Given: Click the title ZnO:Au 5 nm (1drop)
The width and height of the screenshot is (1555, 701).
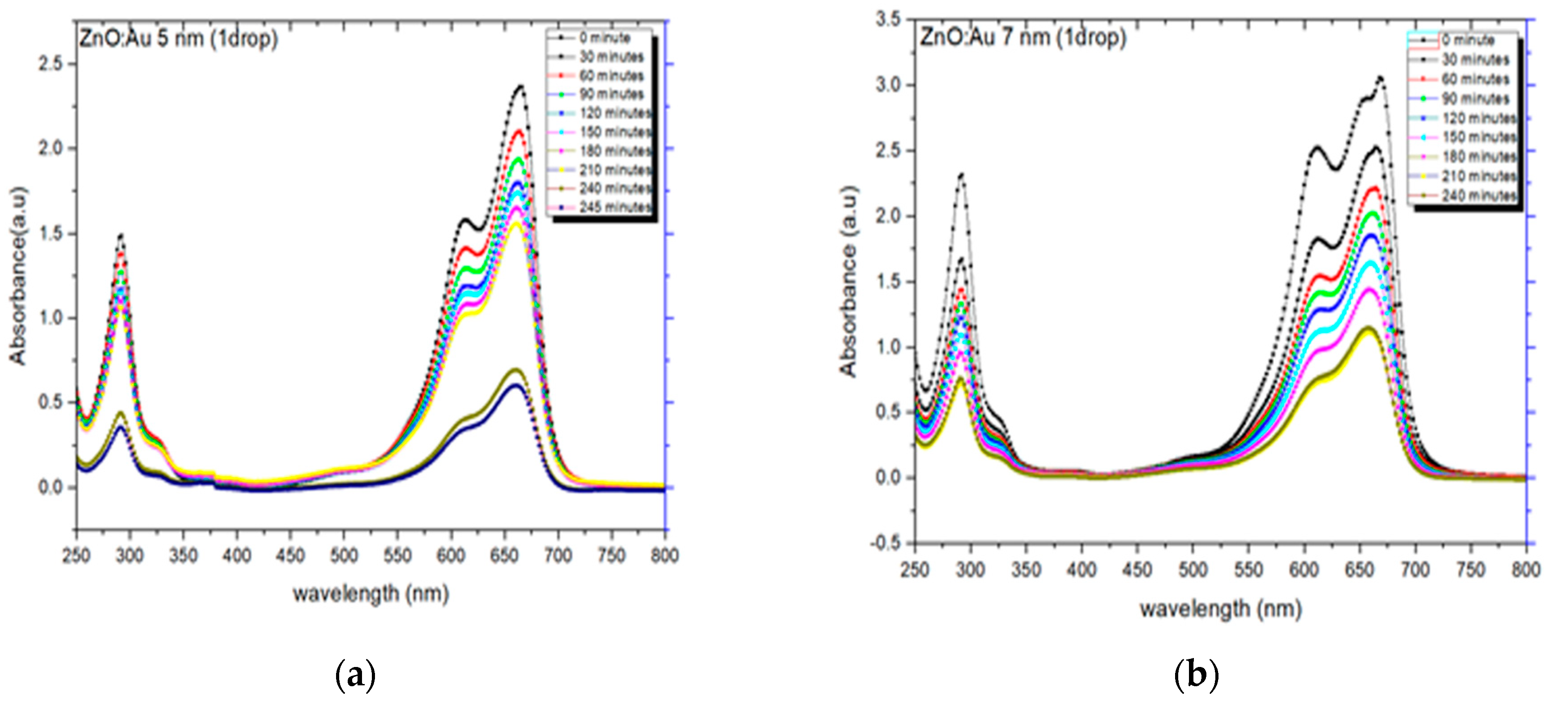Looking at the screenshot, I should (179, 39).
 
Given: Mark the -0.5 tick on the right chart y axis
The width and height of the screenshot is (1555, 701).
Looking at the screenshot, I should (884, 543).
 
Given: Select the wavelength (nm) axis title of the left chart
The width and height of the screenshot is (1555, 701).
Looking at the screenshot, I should (371, 594).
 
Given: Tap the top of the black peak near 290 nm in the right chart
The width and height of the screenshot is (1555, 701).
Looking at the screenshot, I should (962, 175).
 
